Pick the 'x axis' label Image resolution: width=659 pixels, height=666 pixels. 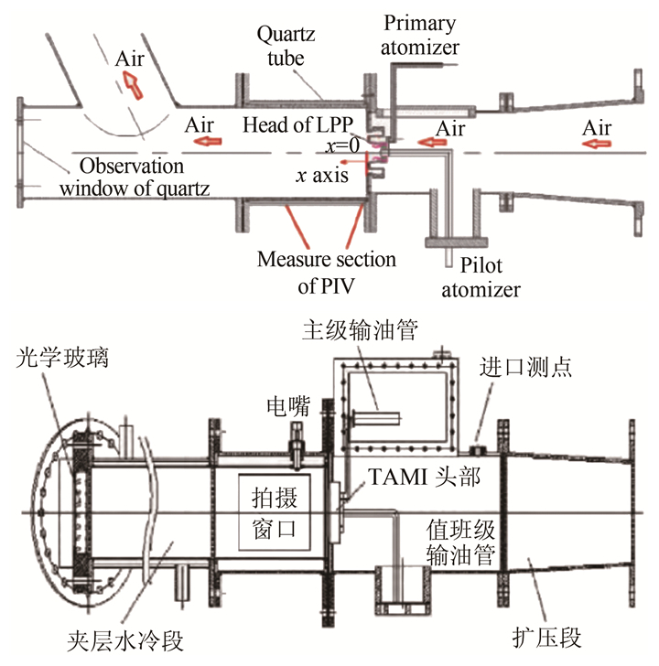pos(320,175)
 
